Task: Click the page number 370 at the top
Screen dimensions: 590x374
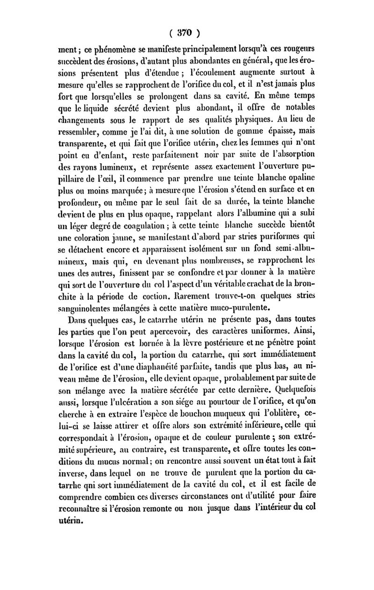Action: [x=187, y=33]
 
